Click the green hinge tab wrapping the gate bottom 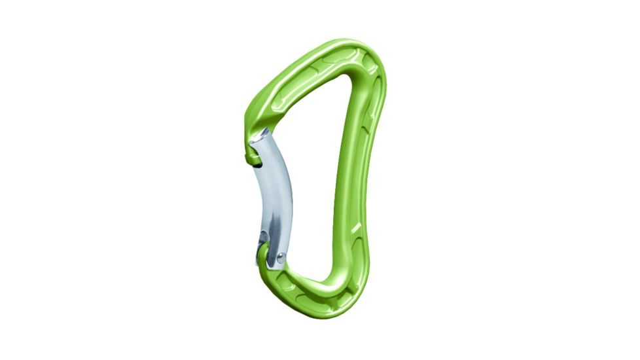coord(265,255)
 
